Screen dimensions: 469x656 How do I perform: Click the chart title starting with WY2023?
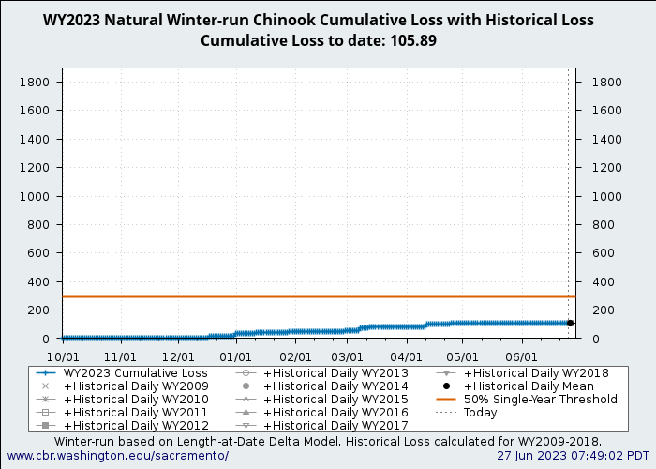click(319, 20)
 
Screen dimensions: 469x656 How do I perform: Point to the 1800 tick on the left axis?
click(35, 83)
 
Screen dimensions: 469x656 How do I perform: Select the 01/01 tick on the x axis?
click(235, 357)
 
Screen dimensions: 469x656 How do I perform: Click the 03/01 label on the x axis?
click(347, 357)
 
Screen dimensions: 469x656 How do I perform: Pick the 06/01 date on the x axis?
click(521, 357)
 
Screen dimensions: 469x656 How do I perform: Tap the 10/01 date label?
click(63, 357)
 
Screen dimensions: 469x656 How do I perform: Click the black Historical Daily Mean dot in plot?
click(570, 323)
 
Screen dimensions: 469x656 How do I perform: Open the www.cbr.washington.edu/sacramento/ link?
click(117, 456)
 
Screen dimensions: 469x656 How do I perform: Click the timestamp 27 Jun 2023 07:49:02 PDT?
click(573, 456)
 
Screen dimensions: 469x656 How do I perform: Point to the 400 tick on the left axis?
click(38, 281)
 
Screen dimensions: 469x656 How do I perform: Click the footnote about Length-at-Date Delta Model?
click(328, 442)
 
